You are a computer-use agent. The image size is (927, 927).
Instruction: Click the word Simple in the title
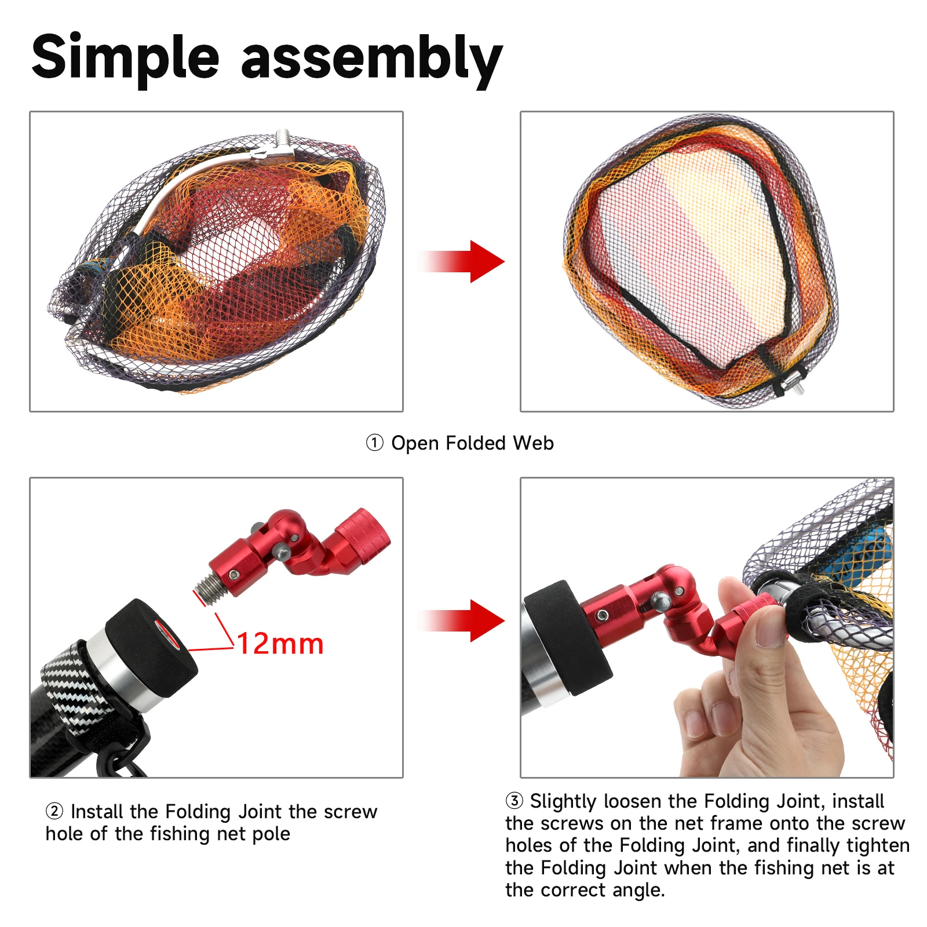click(x=126, y=57)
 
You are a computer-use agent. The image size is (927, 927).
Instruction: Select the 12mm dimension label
click(x=280, y=644)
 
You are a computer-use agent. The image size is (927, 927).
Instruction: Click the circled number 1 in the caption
click(x=374, y=443)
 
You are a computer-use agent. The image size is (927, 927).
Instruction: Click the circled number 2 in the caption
click(x=54, y=811)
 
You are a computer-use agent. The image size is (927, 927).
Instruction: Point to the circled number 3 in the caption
click(x=514, y=801)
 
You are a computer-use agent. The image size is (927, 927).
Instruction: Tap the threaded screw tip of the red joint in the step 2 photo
click(x=206, y=590)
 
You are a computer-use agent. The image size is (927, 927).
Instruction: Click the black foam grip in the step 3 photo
click(x=567, y=637)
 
